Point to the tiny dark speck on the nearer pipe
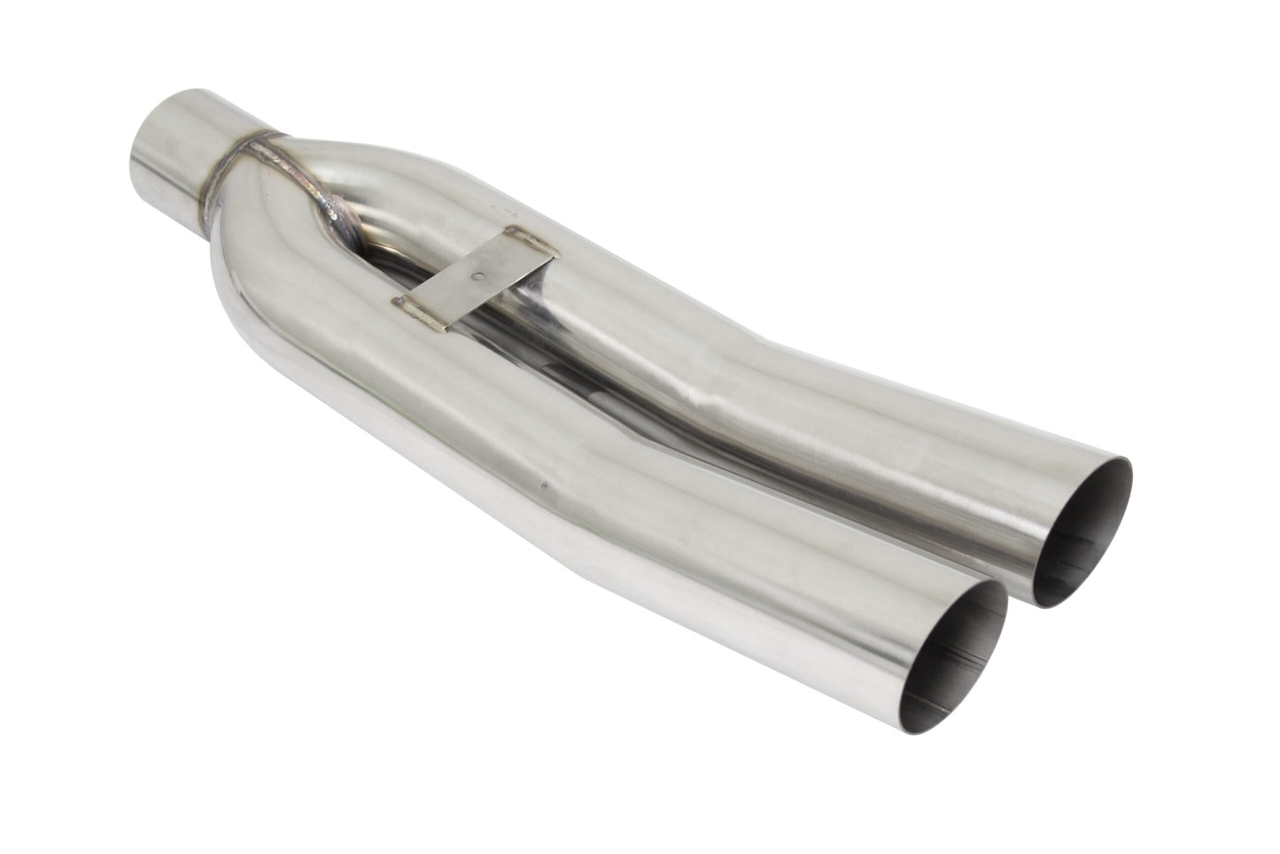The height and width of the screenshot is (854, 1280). [543, 485]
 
